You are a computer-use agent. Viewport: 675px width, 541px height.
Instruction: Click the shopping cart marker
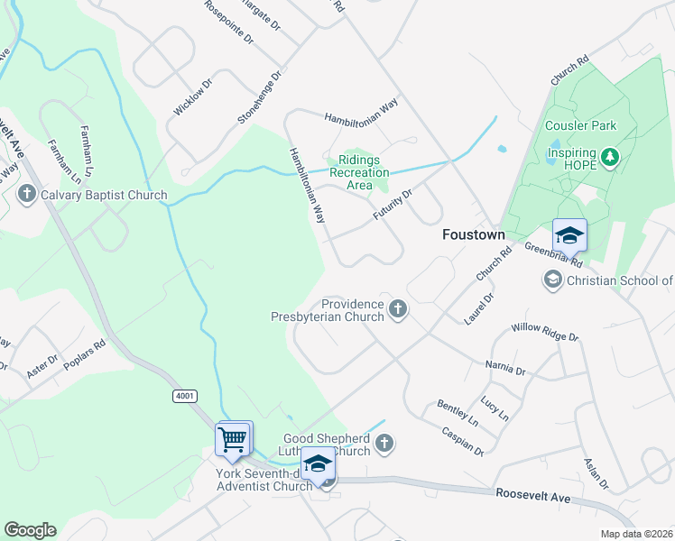[x=233, y=440]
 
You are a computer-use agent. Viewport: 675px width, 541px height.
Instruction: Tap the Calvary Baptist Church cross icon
[x=27, y=195]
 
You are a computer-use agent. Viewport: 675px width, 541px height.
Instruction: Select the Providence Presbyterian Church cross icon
[x=397, y=310]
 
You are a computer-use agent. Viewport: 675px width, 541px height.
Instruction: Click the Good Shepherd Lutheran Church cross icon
[x=384, y=443]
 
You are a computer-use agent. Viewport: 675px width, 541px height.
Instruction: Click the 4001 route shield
[x=184, y=396]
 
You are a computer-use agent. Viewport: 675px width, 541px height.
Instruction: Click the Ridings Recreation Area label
[x=359, y=172]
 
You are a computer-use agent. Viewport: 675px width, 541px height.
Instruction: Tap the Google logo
[x=30, y=530]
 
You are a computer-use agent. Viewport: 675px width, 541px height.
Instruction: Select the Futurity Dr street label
[x=393, y=206]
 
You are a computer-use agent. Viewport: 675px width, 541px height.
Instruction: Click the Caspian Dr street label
[x=463, y=441]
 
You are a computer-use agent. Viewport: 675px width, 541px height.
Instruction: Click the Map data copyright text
[x=637, y=534]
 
